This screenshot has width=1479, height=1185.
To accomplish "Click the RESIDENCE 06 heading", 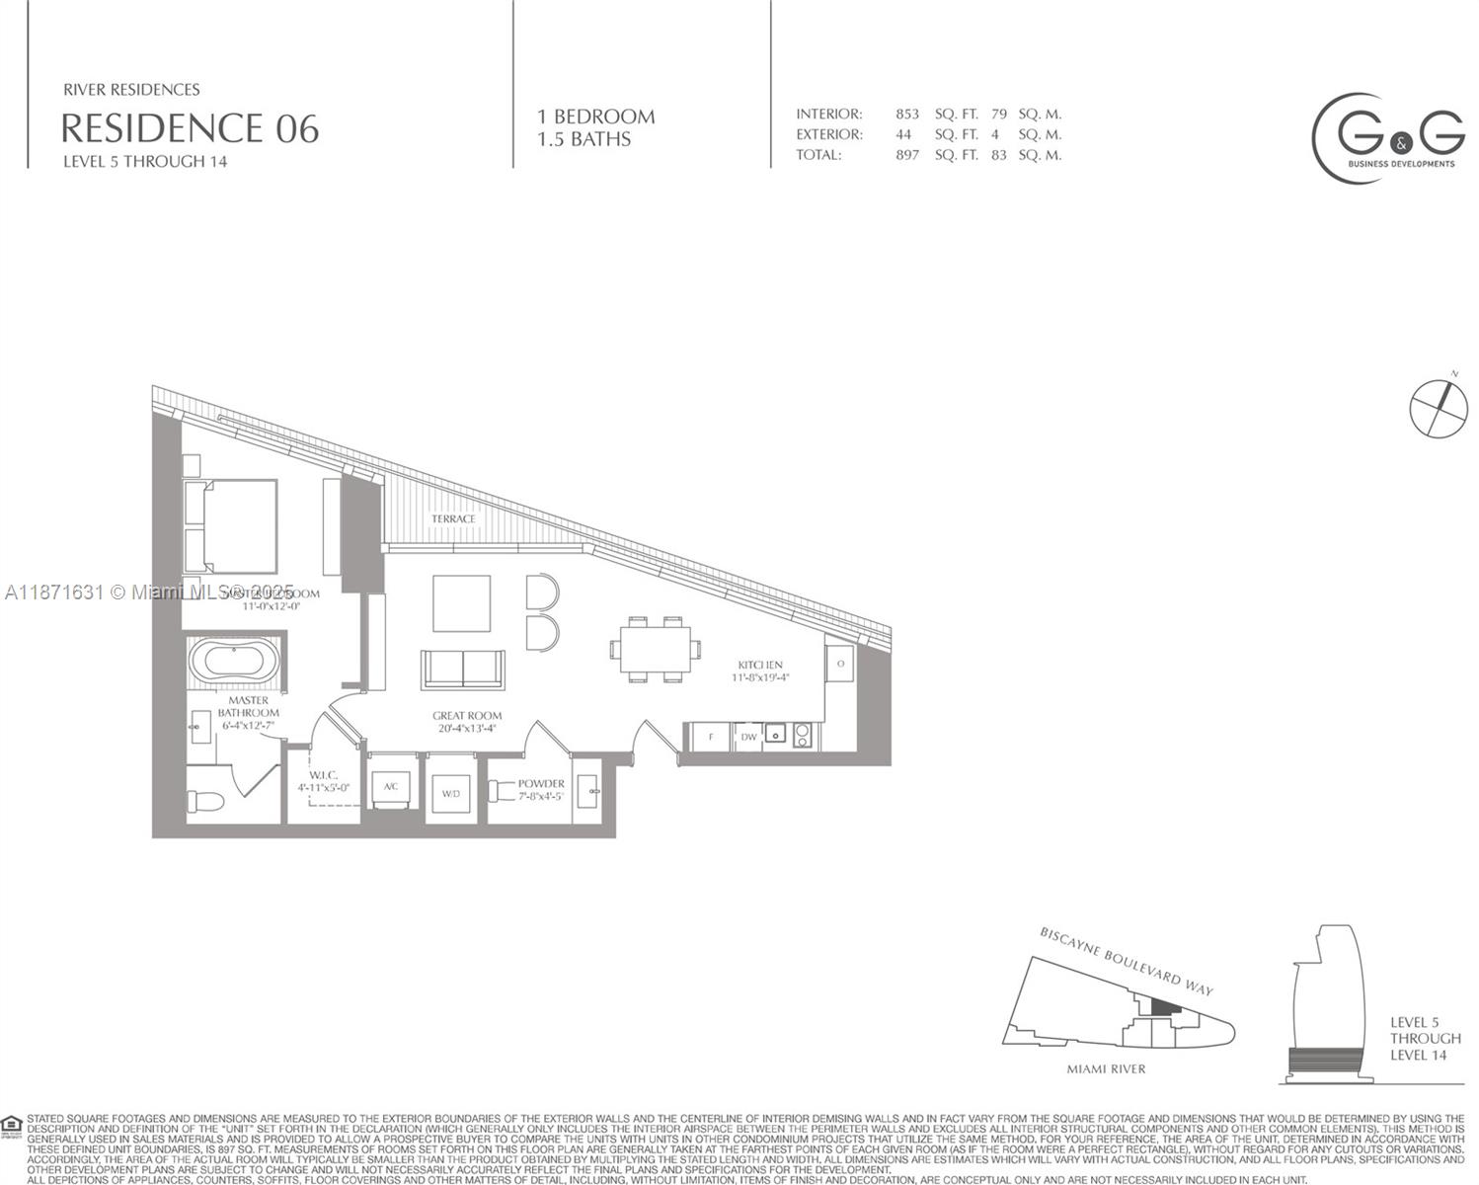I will coord(190,128).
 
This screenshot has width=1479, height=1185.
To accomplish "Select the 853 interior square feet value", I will coord(906,114).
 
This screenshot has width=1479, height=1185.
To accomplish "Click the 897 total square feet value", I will coord(906,155).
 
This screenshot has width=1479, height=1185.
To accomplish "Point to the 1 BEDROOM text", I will coord(595,117).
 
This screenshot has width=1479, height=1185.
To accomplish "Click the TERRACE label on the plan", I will coord(453,518).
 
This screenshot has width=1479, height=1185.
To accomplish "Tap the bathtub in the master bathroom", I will coord(234,662).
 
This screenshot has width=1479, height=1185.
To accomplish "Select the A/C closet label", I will coord(391,786).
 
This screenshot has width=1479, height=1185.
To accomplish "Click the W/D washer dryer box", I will coord(450,793).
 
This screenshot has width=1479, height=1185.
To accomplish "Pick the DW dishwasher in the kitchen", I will coord(748,737).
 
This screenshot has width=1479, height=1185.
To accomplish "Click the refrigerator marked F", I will coord(711,737).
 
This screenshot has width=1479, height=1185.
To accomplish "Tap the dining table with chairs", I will coord(656,649).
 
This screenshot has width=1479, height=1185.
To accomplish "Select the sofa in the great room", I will coord(463,670).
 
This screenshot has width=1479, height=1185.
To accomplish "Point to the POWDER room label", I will coord(541,783).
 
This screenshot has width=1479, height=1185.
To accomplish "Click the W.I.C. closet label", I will coord(323,775).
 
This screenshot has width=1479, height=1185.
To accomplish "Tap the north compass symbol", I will coord(1439,406).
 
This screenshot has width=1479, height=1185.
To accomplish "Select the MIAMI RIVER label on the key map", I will coord(1106,1068).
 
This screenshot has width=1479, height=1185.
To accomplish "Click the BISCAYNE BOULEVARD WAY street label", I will coord(1126,961).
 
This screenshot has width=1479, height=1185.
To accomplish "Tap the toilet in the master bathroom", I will coord(207,800).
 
